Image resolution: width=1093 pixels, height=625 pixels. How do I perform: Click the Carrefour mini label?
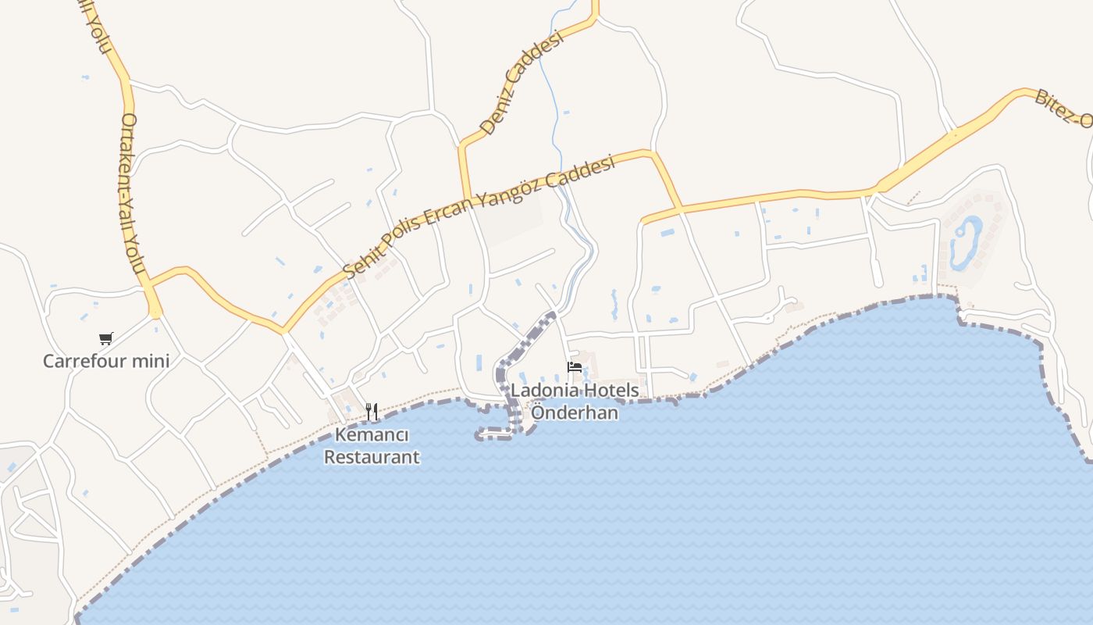105,361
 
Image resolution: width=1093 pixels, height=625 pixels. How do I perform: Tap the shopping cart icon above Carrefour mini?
105,338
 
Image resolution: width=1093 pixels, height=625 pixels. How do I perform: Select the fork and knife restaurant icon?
372,410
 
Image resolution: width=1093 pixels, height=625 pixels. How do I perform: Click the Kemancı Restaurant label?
372,446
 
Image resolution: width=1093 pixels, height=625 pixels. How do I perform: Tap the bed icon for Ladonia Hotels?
575,367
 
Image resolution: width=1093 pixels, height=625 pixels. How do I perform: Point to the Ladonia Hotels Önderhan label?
575,402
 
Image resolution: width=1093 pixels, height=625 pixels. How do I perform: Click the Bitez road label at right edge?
1063,109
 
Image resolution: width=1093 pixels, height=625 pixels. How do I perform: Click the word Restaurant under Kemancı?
372,457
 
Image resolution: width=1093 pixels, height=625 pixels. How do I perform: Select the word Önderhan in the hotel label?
575,413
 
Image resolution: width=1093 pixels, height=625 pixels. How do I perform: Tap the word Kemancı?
372,435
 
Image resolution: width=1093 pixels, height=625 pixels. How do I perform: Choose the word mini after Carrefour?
152,361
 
